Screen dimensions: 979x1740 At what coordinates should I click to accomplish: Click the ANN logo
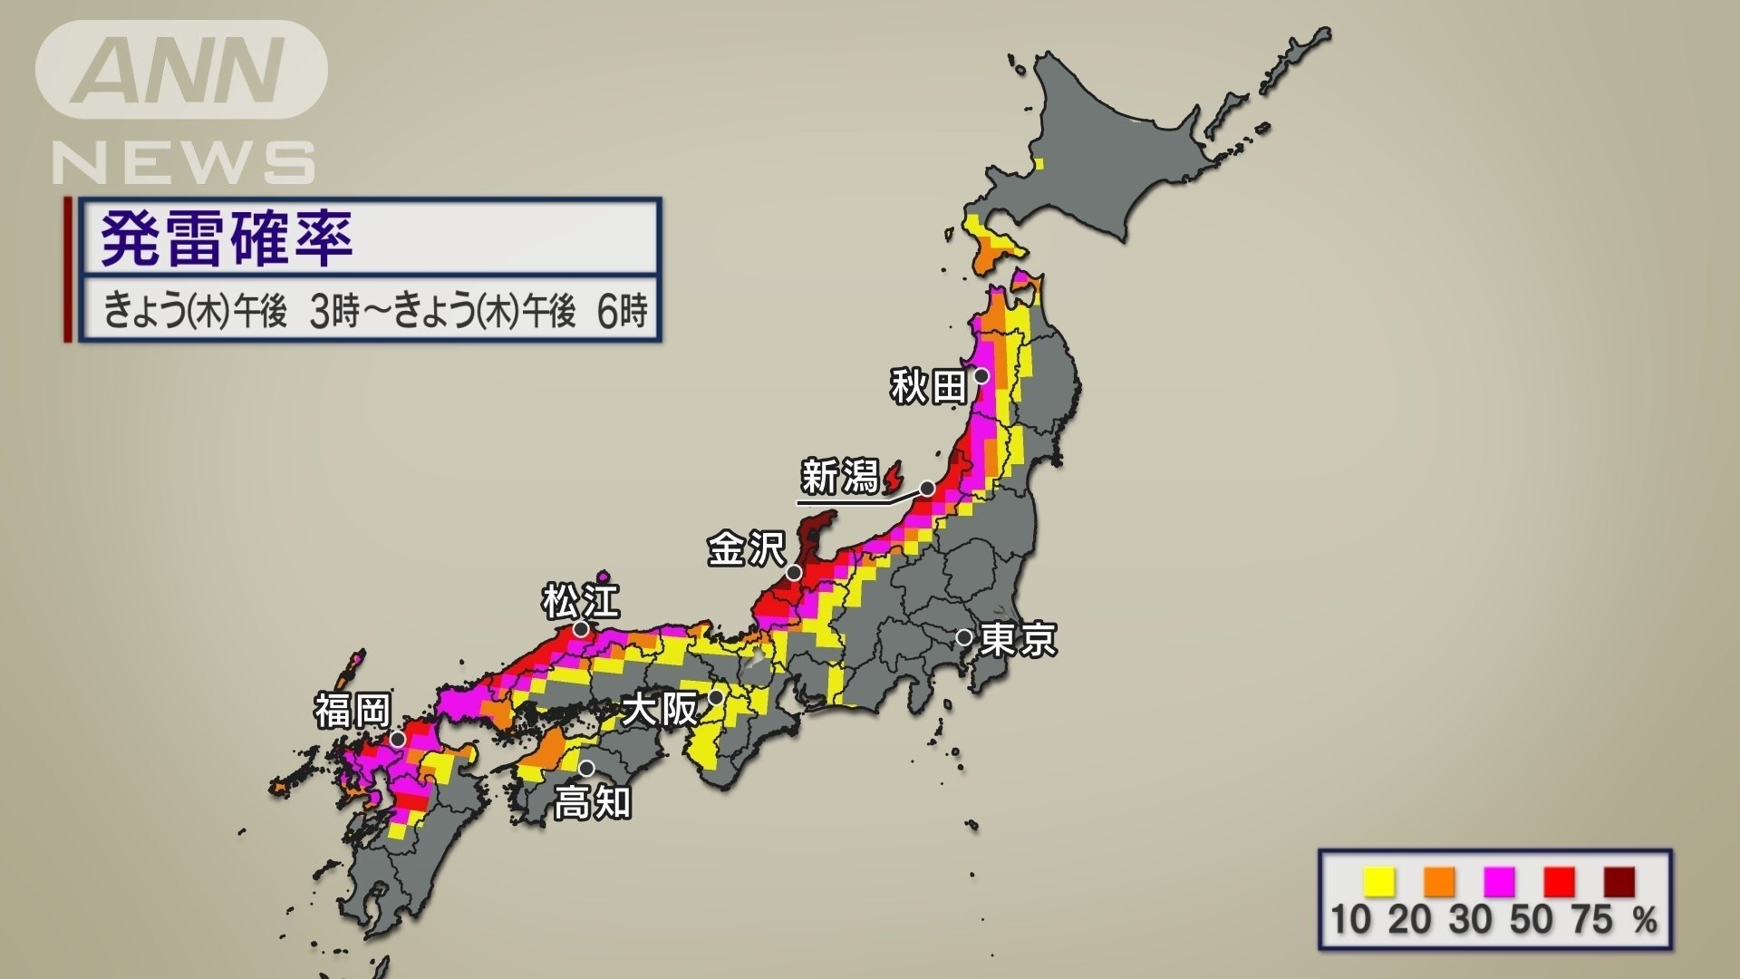(181, 71)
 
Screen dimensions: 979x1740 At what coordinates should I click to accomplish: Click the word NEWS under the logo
(184, 164)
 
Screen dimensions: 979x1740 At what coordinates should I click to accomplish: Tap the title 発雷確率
(227, 238)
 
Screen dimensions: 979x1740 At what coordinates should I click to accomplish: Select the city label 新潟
(840, 477)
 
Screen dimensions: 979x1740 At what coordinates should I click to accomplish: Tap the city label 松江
(581, 600)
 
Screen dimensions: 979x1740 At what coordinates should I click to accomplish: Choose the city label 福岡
(353, 711)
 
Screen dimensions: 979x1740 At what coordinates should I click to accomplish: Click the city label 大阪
(661, 708)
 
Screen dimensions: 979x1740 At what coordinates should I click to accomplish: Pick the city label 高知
(593, 803)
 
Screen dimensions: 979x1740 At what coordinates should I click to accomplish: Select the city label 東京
(1019, 640)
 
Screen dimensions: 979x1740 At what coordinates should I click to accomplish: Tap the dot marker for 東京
(964, 637)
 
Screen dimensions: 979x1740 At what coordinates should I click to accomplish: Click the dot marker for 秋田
(981, 375)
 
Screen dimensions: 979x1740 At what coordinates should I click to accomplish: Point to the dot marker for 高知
(586, 769)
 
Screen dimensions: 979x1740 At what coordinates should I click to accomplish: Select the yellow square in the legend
(1379, 881)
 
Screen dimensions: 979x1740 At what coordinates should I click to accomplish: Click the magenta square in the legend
(1500, 881)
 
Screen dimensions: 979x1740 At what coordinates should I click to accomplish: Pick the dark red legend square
(1619, 881)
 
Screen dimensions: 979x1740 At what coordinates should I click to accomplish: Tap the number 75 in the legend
(1592, 919)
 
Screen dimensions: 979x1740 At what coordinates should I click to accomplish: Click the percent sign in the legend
(1645, 920)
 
